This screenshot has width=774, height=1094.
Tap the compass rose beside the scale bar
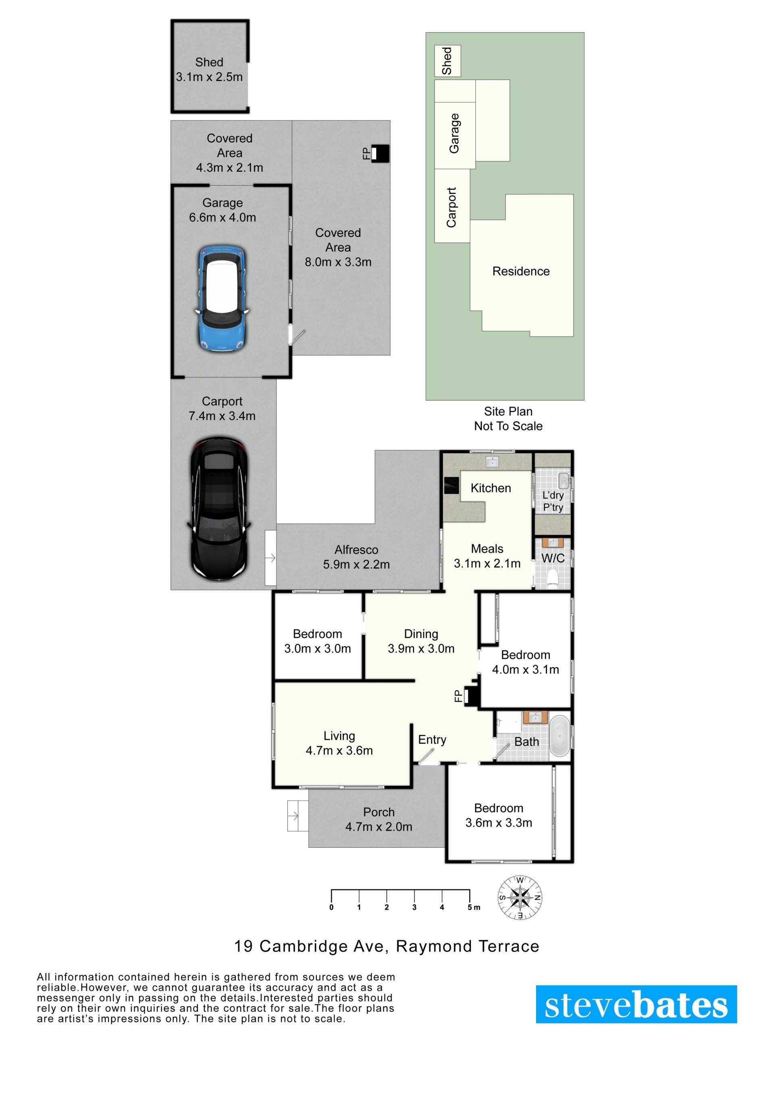coord(520,898)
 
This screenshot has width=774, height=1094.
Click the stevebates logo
coord(636,1005)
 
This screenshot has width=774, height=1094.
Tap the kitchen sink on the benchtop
coord(492,461)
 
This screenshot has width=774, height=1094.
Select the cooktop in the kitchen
coord(451,486)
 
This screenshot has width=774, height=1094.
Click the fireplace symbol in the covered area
coord(380,154)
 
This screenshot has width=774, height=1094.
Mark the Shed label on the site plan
coord(447,60)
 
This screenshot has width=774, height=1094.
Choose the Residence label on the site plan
coord(521,271)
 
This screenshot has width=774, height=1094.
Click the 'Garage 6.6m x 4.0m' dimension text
coord(223,210)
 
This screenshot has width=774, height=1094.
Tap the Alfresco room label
coord(356,550)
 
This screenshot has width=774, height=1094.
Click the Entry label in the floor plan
coord(432,739)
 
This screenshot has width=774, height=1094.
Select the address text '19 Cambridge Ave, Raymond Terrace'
coord(387,946)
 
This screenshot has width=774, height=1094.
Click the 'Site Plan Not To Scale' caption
coord(508,418)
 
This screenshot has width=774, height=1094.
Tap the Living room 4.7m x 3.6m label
coord(339,743)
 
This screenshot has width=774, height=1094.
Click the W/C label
coord(553,558)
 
